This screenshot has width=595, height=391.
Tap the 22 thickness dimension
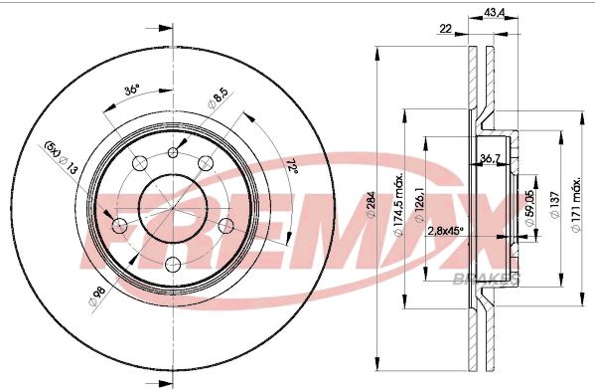point(446,30)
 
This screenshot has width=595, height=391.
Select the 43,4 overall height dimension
point(494,15)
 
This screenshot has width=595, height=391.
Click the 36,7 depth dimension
point(490,158)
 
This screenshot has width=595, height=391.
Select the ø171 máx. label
point(578,206)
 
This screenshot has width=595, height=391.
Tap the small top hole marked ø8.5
point(174,152)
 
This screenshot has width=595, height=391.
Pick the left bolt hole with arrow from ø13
point(120,226)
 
